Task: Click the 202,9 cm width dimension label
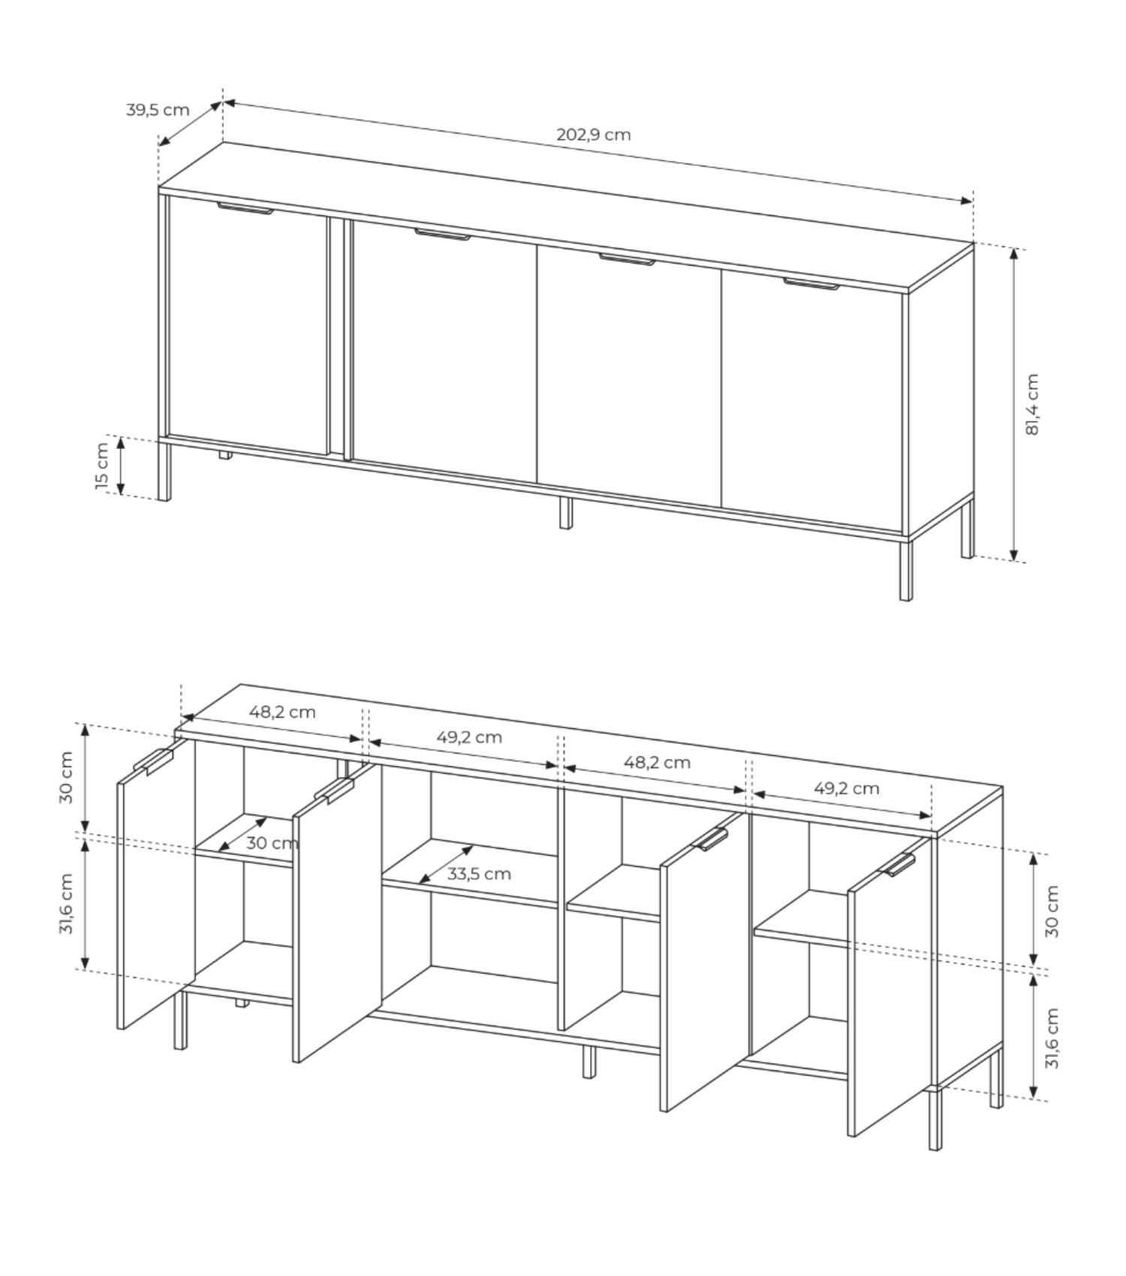point(593,134)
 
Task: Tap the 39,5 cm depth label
point(158,110)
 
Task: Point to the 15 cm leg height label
point(102,465)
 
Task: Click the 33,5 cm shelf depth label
point(479,874)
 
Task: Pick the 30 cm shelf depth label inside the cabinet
point(272,843)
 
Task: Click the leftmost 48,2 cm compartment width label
point(282,712)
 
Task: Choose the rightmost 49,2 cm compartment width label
point(846,788)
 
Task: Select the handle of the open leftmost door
point(152,761)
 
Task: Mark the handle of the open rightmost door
point(897,865)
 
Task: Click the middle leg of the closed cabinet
point(566,513)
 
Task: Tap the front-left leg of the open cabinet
point(180,1022)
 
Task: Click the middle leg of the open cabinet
point(589,1061)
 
